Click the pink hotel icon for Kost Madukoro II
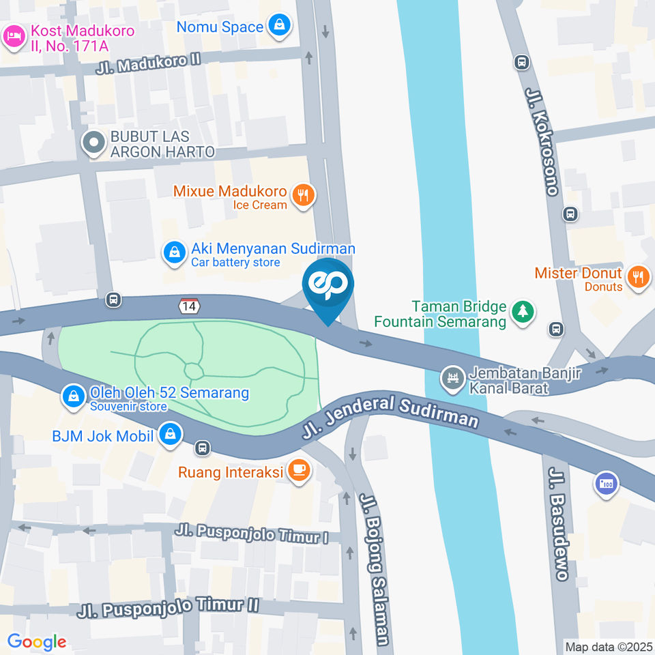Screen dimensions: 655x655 [x=14, y=37]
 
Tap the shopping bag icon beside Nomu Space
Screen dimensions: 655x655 [x=279, y=27]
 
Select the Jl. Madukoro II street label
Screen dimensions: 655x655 [x=149, y=62]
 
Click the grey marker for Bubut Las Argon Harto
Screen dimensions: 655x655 [x=92, y=143]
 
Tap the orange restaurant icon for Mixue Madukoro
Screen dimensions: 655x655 [x=303, y=196]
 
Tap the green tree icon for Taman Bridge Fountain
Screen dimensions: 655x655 [x=523, y=311]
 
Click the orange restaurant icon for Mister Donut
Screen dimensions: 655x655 [x=638, y=277]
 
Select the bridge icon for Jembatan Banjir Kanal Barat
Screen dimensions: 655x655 [x=452, y=376]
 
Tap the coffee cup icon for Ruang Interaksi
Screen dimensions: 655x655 [x=299, y=469]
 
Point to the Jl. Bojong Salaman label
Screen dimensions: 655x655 [x=376, y=569]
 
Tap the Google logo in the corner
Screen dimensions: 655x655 [x=37, y=641]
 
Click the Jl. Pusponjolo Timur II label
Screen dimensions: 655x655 [x=169, y=606]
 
